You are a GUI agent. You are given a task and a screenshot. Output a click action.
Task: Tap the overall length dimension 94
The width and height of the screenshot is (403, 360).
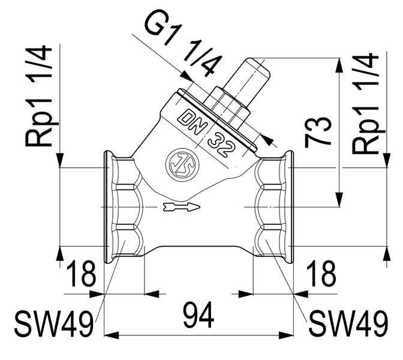[198, 316]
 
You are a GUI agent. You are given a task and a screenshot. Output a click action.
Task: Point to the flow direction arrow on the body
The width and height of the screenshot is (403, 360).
[180, 208]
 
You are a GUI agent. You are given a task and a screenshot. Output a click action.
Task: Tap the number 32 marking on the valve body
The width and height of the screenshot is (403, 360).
[220, 143]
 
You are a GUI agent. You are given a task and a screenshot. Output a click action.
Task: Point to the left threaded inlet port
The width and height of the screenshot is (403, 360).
[123, 206]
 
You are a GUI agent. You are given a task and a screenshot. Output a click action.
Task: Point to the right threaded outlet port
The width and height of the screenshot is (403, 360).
[273, 206]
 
